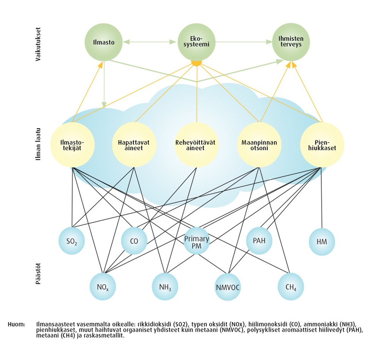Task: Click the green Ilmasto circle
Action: pos(103,42)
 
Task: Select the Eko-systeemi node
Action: pos(196,42)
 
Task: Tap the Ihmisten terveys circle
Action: pos(291,42)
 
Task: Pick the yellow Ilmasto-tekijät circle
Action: pos(72,145)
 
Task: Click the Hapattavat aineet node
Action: pos(134,145)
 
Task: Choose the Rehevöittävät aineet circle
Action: pos(196,145)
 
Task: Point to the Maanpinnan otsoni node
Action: pos(259,145)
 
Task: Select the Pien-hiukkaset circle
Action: pos(322,145)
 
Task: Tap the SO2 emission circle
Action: pos(72,241)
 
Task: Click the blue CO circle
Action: pos(134,241)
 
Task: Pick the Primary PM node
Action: pos(196,241)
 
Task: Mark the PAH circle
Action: pos(259,241)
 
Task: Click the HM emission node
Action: pos(322,242)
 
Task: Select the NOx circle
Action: pos(103,287)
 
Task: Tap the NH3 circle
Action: pos(165,287)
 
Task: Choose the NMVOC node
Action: pos(228,287)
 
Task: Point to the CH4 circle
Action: pos(291,287)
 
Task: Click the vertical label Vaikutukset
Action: pos(38,44)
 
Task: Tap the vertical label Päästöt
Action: pos(38,274)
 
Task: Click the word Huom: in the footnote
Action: pos(16,324)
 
